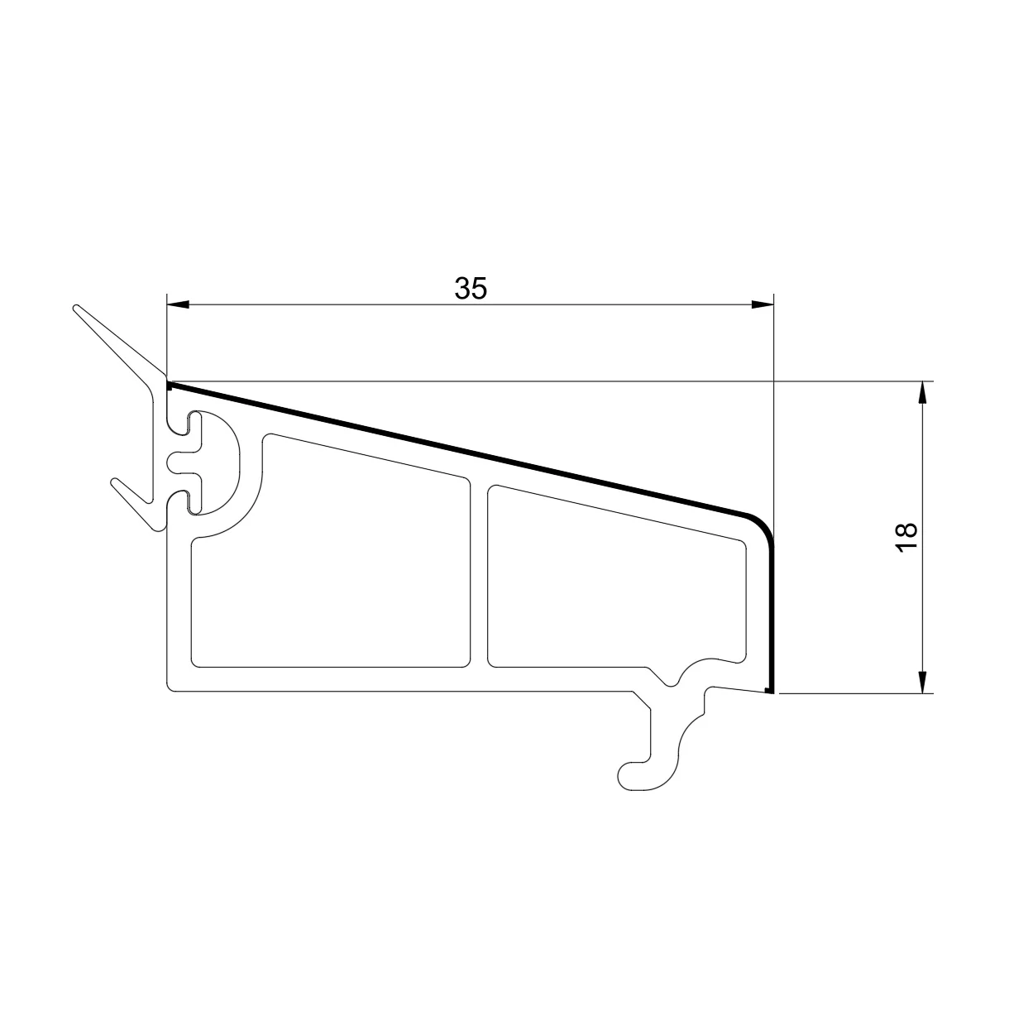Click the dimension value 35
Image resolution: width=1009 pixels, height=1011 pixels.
coord(471,289)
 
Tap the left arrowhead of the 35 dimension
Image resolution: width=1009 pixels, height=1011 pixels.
coord(178,304)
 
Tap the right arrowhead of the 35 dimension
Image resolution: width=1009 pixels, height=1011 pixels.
coord(763,304)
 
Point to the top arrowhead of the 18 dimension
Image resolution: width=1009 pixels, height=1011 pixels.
coord(924,392)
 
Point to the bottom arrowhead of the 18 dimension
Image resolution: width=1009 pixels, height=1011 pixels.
coord(924,682)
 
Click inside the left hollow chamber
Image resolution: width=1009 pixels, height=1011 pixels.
coord(331,567)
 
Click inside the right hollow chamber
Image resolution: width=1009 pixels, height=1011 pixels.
coord(616,582)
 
